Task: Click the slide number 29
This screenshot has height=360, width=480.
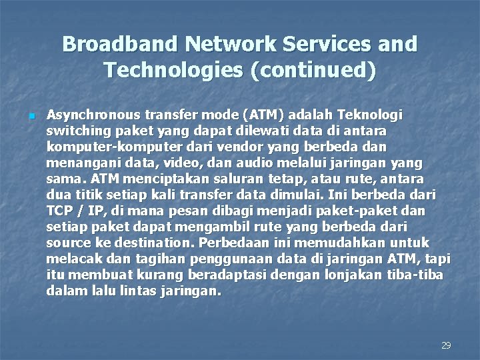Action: coord(447,345)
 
